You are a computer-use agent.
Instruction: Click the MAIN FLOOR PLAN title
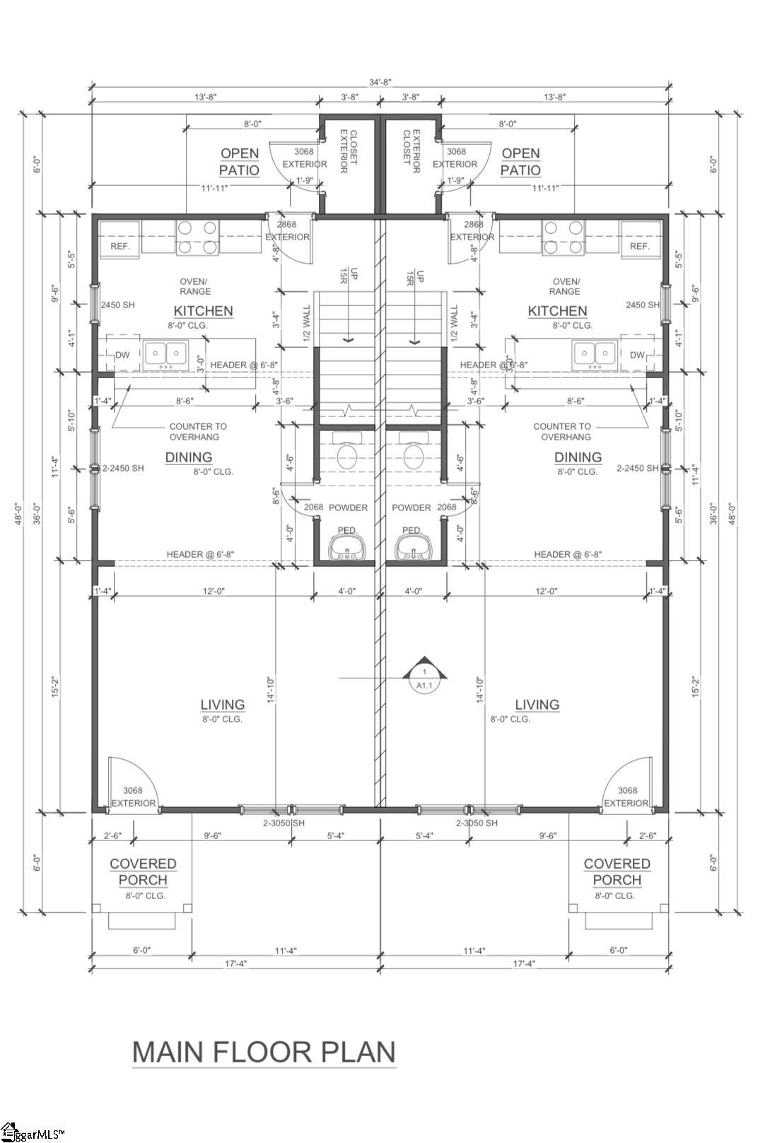pos(264,1051)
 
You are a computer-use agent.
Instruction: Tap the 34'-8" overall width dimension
pos(380,82)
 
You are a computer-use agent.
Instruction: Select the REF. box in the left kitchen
pos(120,246)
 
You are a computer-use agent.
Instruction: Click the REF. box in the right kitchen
pos(639,246)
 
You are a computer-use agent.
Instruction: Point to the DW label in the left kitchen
pos(122,355)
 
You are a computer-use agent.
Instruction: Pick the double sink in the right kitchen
pos(595,352)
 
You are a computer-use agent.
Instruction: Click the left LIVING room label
pos(222,705)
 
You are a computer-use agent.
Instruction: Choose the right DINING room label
pos(578,457)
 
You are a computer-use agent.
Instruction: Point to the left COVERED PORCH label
pos(143,872)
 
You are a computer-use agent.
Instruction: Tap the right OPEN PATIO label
pos(520,162)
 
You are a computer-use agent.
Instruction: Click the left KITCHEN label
pos(203,311)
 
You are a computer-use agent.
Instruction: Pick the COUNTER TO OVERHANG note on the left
pos(198,431)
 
